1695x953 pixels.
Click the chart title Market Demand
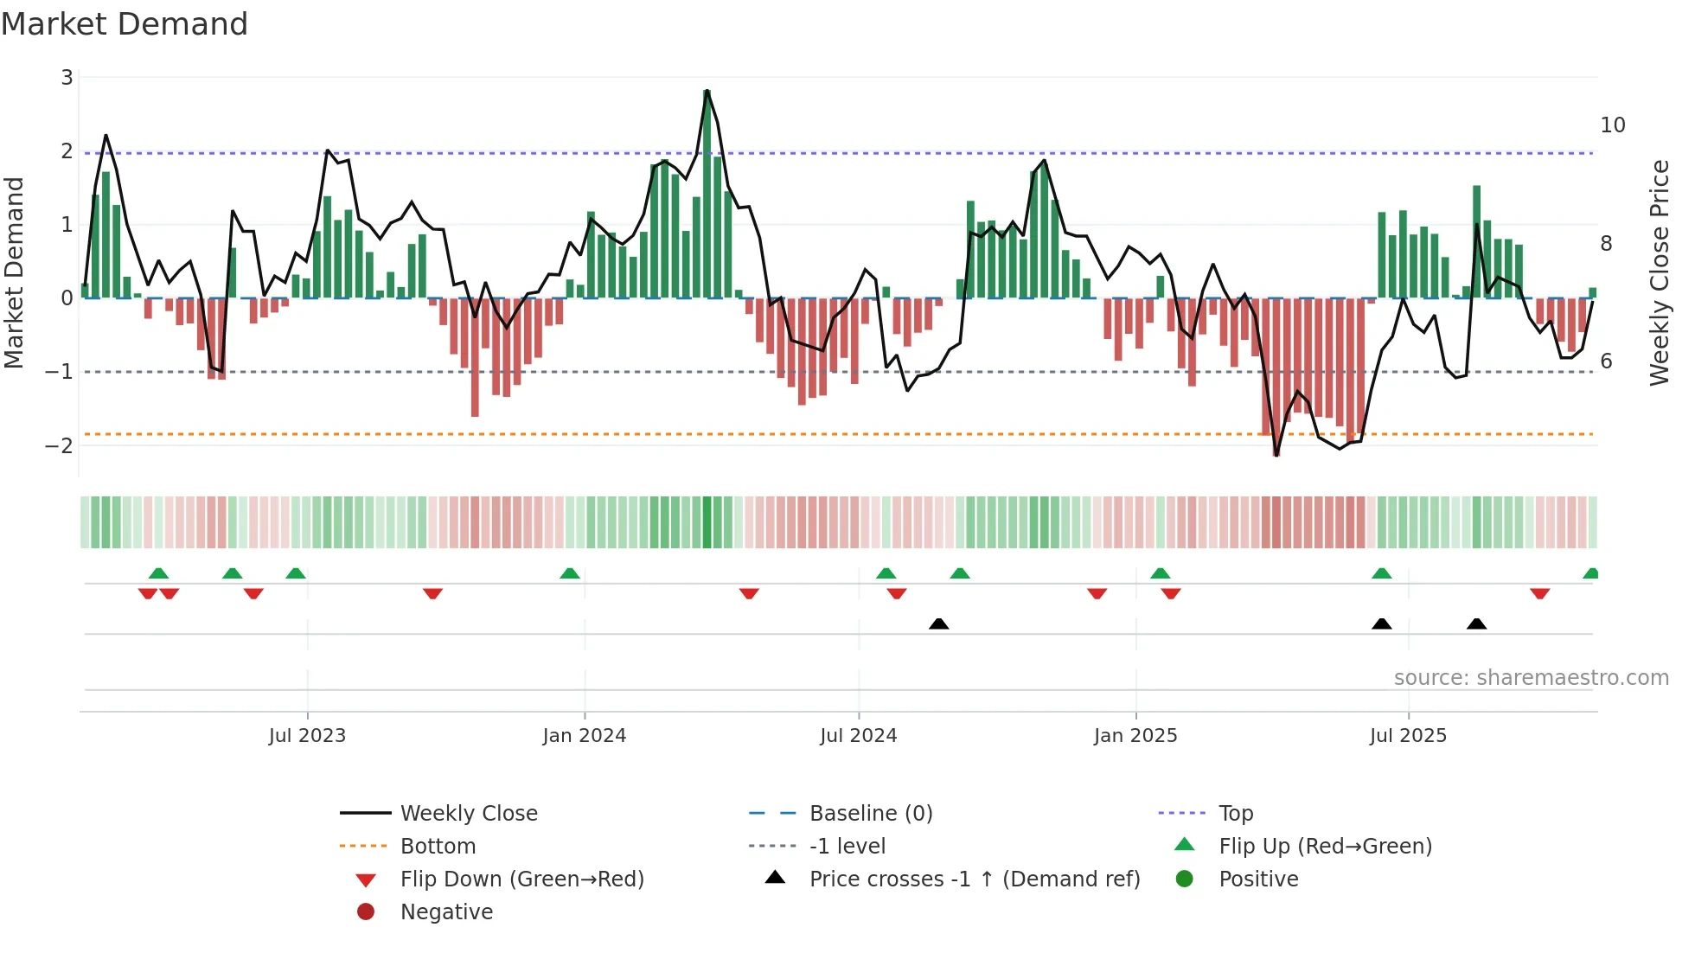coord(125,24)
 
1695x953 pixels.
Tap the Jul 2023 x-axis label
coord(307,736)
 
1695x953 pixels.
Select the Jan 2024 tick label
coord(584,736)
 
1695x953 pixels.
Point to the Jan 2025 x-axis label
coord(1135,736)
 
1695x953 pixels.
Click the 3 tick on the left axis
coord(67,78)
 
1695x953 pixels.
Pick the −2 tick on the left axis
coord(60,445)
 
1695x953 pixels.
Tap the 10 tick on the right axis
coord(1612,125)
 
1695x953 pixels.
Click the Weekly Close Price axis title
coord(1659,272)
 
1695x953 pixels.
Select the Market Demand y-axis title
coord(15,272)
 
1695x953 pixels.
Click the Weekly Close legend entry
coord(468,813)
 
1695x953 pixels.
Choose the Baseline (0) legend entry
coord(870,813)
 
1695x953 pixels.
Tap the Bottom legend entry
coord(438,846)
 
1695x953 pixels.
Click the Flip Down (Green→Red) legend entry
coord(521,879)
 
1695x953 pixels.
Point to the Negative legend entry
coord(446,911)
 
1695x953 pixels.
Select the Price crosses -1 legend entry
coord(974,879)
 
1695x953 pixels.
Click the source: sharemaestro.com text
coord(1531,677)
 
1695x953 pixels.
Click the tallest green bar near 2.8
coord(707,195)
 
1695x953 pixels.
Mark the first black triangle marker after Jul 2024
coord(938,624)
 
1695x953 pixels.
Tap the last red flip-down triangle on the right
coord(1539,593)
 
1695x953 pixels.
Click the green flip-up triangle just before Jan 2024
coord(569,573)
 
